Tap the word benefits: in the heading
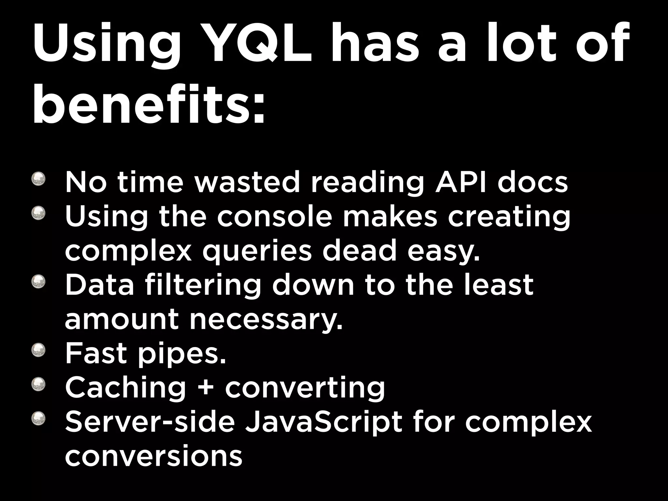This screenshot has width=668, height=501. pyautogui.click(x=149, y=104)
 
